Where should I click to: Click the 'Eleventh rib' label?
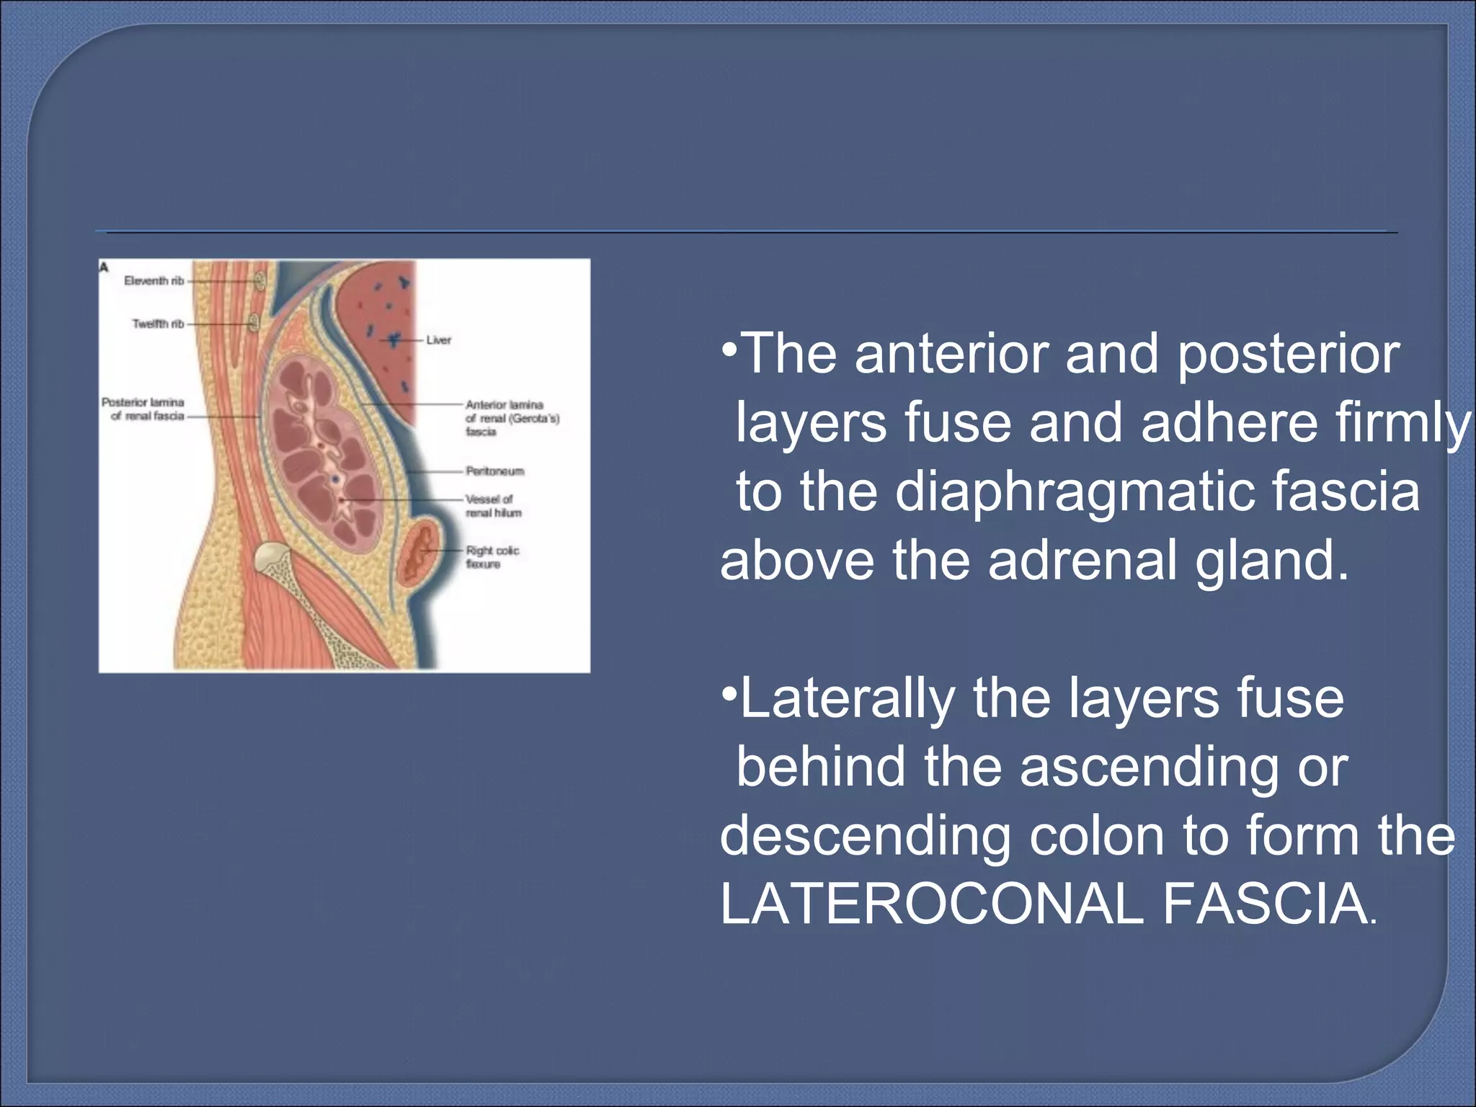click(x=154, y=281)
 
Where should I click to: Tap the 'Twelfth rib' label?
click(x=158, y=324)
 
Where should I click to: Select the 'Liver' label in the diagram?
click(x=438, y=340)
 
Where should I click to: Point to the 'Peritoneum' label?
click(x=494, y=471)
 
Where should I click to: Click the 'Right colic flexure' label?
click(x=492, y=557)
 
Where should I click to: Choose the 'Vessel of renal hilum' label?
click(x=493, y=506)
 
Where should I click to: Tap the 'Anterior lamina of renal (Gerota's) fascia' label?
click(x=511, y=418)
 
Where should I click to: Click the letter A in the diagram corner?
click(x=104, y=268)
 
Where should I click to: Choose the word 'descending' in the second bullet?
click(x=865, y=836)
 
